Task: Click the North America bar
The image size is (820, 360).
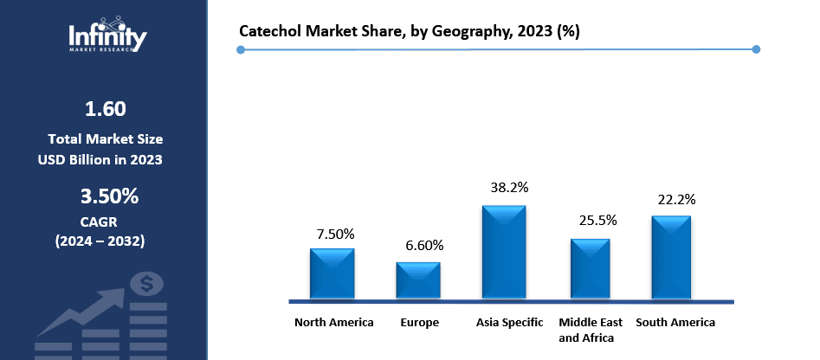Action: [x=333, y=273]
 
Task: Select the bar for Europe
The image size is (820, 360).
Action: [x=419, y=280]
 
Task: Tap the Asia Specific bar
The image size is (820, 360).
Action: [x=504, y=252]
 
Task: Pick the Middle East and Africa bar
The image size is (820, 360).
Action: [x=590, y=268]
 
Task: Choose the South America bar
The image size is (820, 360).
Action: [x=671, y=257]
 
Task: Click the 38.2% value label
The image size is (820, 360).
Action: [x=509, y=187]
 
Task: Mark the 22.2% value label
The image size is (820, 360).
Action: [x=675, y=199]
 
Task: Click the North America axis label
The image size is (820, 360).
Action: [x=334, y=323]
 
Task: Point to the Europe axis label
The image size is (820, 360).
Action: [x=419, y=323]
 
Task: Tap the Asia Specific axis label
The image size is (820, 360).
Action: [x=510, y=323]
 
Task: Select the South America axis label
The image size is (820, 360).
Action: [x=675, y=323]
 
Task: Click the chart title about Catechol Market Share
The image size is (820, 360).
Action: [x=410, y=31]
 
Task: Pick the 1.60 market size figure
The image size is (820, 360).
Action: [x=105, y=109]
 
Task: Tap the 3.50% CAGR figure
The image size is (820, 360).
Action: [x=109, y=196]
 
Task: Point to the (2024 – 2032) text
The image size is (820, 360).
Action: [x=100, y=240]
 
